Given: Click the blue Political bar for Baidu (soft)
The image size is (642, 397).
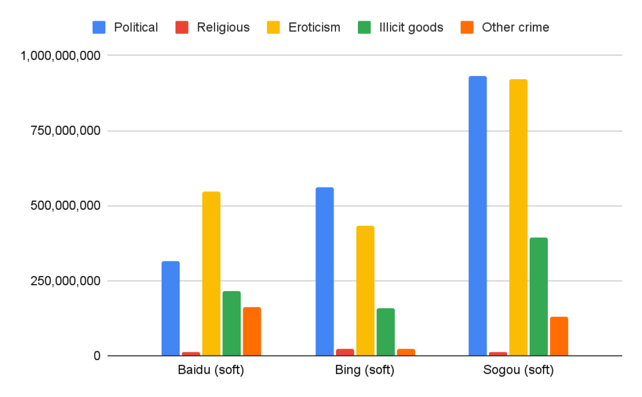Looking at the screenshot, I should (x=171, y=308).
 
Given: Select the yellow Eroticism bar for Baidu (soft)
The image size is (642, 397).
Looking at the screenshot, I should (x=211, y=273).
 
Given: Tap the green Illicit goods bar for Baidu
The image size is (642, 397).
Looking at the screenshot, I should (x=231, y=323).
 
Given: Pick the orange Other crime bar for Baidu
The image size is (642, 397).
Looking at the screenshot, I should (x=252, y=331).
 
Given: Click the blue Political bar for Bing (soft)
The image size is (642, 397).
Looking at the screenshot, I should (x=325, y=271).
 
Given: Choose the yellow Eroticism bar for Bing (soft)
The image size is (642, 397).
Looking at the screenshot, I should (x=366, y=290).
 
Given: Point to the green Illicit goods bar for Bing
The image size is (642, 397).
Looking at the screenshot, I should (x=386, y=332).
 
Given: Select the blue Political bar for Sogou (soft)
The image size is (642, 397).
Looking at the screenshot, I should (x=478, y=216).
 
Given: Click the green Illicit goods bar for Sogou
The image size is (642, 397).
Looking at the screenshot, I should (x=539, y=297).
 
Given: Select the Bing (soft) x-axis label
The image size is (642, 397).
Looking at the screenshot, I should (x=365, y=370).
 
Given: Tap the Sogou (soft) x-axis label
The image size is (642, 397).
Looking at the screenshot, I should (x=518, y=370).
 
